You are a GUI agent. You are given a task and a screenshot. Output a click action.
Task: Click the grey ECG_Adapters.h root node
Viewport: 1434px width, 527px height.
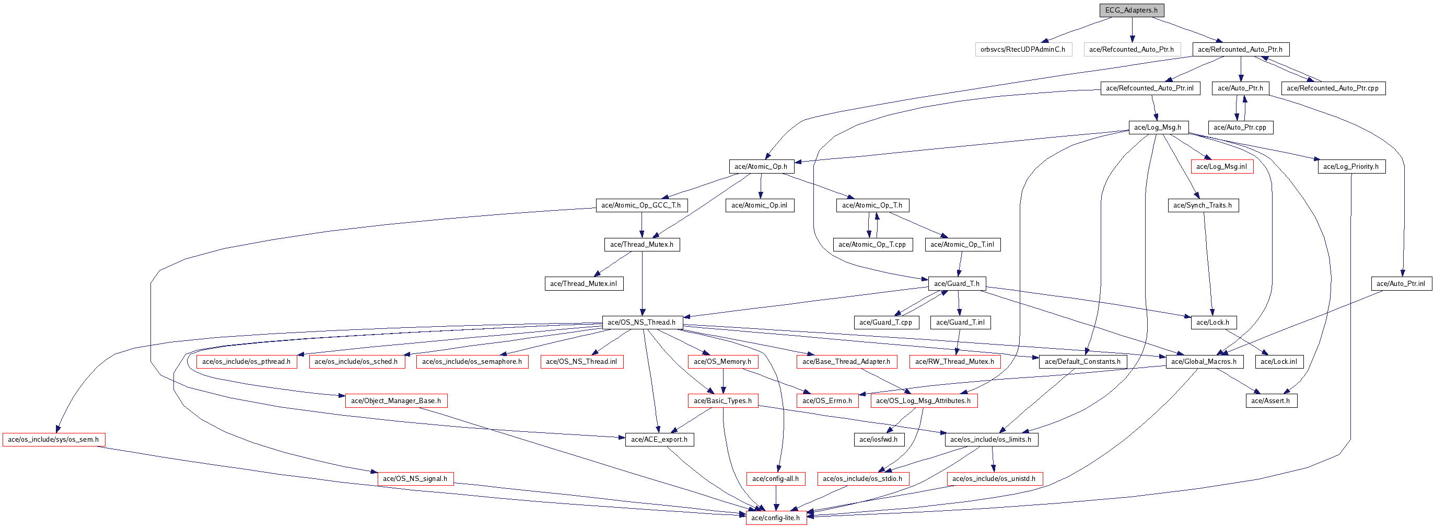click(x=1131, y=10)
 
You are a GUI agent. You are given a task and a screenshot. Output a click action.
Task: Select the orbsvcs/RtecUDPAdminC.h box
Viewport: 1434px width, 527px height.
click(x=1023, y=49)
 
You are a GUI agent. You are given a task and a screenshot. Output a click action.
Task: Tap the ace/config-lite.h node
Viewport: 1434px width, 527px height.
click(x=776, y=518)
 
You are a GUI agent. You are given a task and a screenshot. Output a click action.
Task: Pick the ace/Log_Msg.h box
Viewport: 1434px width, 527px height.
click(x=1157, y=127)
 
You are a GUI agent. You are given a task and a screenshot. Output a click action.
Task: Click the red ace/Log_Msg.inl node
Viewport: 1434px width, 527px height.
click(x=1221, y=166)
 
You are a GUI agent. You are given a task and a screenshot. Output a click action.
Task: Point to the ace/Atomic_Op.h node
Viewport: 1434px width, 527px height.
click(x=761, y=166)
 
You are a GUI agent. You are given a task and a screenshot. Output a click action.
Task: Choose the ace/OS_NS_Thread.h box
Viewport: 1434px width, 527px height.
click(x=642, y=322)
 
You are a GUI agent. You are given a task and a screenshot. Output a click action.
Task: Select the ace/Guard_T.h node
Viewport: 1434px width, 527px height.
click(x=957, y=283)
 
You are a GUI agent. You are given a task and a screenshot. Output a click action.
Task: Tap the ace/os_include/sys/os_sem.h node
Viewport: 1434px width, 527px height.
click(x=53, y=440)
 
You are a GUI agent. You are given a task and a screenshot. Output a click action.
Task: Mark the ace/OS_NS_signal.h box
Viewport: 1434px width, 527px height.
click(x=415, y=478)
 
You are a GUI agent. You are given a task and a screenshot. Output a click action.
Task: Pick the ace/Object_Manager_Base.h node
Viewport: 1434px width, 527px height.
click(x=396, y=400)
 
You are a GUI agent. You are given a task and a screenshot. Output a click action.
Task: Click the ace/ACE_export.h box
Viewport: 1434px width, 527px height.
click(x=659, y=440)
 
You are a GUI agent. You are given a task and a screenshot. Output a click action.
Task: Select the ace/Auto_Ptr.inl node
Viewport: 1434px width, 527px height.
click(x=1401, y=283)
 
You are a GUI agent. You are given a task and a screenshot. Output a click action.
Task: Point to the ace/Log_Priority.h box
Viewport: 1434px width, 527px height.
click(x=1350, y=166)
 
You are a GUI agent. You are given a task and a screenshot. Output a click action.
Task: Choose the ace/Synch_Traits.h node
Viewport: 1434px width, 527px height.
click(x=1203, y=205)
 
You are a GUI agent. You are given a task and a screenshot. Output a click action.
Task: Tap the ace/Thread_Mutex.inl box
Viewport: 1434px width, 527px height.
click(x=584, y=283)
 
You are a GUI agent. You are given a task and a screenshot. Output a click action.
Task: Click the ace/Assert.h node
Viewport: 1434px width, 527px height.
click(x=1270, y=400)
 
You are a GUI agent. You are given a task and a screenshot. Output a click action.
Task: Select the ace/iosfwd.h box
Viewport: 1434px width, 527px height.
click(x=879, y=440)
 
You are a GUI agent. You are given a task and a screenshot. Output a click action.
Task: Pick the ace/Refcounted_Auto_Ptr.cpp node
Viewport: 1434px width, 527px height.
click(x=1332, y=88)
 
